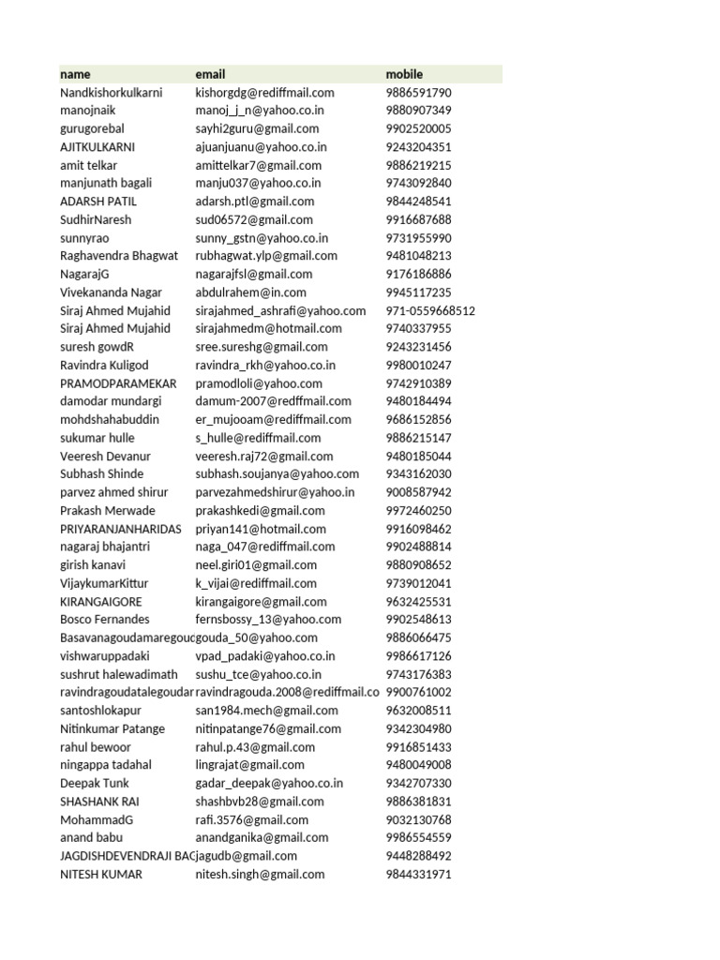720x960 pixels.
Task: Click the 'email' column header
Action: pos(210,74)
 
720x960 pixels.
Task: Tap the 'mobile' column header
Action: pos(404,74)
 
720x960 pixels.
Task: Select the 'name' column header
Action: pos(76,74)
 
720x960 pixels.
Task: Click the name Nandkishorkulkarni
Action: pos(111,93)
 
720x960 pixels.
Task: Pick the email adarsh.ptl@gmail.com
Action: pos(254,202)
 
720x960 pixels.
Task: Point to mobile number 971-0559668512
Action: pos(430,311)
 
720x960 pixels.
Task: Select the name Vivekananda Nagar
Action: pos(111,292)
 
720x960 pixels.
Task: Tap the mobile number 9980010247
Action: pos(418,366)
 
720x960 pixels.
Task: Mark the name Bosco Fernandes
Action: pos(105,620)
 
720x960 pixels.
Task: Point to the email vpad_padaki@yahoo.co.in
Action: pos(265,656)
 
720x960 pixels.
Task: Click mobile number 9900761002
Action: pos(418,692)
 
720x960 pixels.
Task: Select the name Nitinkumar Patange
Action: pos(112,728)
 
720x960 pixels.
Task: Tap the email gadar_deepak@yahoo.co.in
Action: pos(269,783)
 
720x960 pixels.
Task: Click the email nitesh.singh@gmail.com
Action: pos(260,874)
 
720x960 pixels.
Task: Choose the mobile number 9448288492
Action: pos(418,856)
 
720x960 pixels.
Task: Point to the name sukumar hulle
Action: pos(97,438)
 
